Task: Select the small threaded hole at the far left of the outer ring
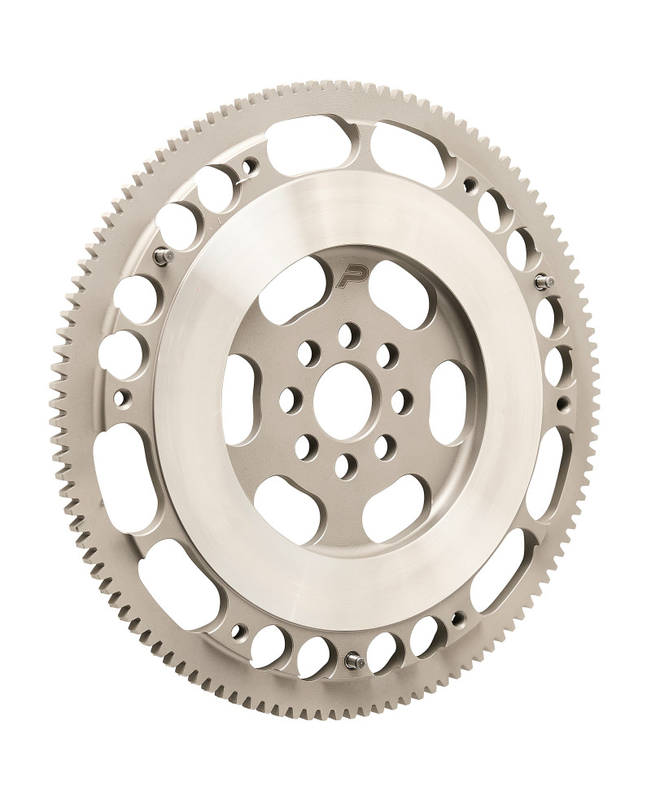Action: tap(125, 397)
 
